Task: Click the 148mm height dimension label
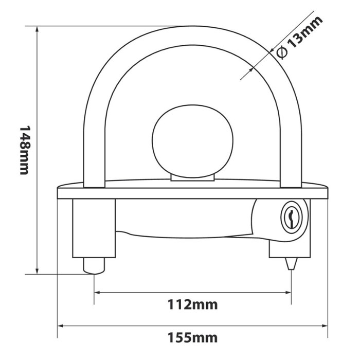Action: click(24, 150)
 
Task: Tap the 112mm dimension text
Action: click(192, 305)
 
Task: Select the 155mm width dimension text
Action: click(192, 338)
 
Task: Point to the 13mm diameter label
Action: click(305, 32)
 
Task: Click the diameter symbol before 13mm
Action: click(281, 52)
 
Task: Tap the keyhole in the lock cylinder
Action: click(292, 217)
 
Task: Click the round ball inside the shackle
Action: click(193, 141)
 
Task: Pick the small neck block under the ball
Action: click(192, 177)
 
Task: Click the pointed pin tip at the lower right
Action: click(291, 264)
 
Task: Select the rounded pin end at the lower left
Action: click(94, 266)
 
